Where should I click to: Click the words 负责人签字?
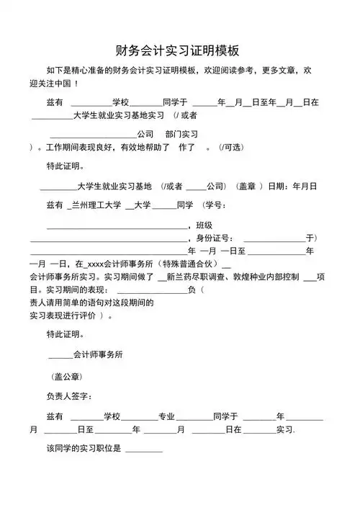(68, 396)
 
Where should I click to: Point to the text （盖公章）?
(67, 376)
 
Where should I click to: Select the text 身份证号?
(213, 237)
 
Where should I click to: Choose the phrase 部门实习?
(181, 134)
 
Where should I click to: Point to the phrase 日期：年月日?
(292, 186)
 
